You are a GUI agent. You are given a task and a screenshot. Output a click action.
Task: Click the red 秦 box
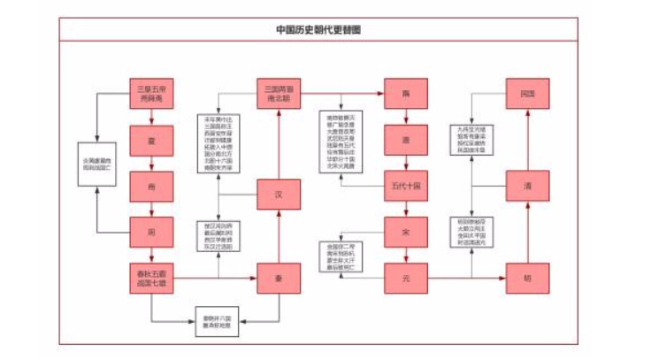pos(279,280)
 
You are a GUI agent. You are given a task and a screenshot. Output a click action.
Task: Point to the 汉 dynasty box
pos(279,194)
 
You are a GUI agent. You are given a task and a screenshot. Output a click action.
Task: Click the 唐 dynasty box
pos(406,141)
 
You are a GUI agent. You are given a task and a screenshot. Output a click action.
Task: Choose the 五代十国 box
pos(406,186)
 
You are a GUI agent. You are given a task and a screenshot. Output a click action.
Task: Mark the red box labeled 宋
pos(406,232)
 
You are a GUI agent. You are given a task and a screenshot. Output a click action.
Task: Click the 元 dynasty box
pos(406,280)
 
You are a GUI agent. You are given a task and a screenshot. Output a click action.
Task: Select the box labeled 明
pos(527,280)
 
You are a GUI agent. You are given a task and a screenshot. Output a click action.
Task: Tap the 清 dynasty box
pos(527,187)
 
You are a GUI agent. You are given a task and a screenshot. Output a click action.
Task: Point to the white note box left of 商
pos(98,164)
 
